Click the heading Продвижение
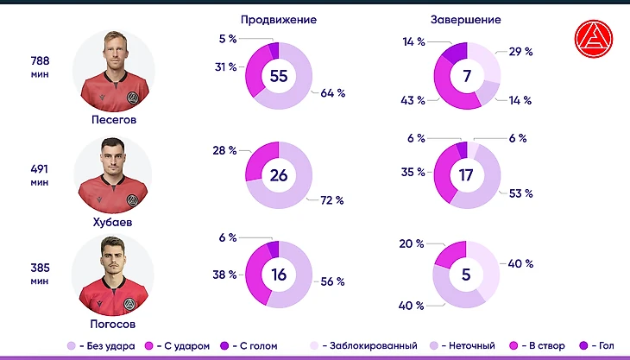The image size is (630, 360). coord(278,19)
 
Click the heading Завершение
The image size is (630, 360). coord(465,19)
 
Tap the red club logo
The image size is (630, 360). coord(593,38)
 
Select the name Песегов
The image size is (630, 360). coord(114,120)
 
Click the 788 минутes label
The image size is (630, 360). coord(41,66)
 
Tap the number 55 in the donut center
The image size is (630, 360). coord(279,76)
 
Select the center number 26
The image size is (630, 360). coord(279,175)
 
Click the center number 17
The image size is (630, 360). coord(467,175)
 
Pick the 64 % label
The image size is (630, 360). coord(333,93)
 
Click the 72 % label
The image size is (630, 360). coord(332,200)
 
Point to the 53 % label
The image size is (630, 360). coord(520,193)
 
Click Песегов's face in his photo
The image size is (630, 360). coord(113,54)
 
